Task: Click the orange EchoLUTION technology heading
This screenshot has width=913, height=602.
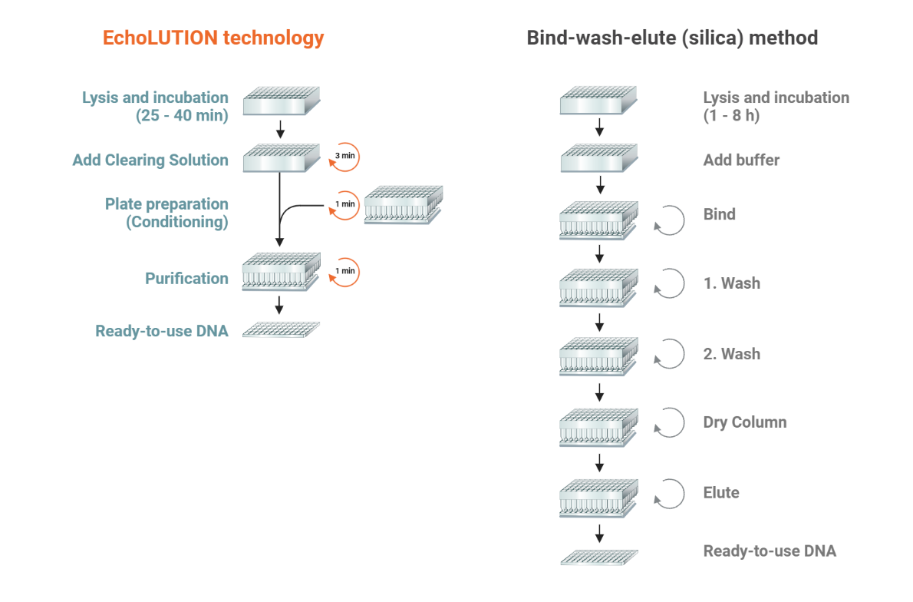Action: click(213, 38)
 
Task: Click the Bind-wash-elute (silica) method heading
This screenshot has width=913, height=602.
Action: click(672, 38)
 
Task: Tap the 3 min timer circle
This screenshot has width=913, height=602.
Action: click(344, 157)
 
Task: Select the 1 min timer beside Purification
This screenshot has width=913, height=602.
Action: click(344, 272)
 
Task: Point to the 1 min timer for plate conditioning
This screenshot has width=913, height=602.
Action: click(344, 205)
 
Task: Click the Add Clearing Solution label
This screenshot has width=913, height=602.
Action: click(150, 160)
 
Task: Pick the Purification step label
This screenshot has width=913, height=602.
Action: click(186, 278)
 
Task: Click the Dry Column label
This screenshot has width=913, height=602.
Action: click(745, 422)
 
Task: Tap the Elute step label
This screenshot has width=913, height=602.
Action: click(721, 492)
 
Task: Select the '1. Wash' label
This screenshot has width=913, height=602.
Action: click(731, 283)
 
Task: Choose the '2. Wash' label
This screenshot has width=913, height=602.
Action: click(731, 354)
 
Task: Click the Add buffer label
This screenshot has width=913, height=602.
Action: click(741, 160)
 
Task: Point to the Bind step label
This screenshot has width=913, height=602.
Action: click(719, 214)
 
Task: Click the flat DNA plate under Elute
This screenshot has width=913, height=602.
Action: click(599, 557)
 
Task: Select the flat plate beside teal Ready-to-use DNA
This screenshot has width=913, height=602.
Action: click(282, 329)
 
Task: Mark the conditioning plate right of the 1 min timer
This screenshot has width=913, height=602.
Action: click(404, 204)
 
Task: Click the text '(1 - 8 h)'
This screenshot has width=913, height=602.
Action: click(731, 115)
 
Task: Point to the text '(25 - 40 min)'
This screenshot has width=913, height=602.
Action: click(182, 115)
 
